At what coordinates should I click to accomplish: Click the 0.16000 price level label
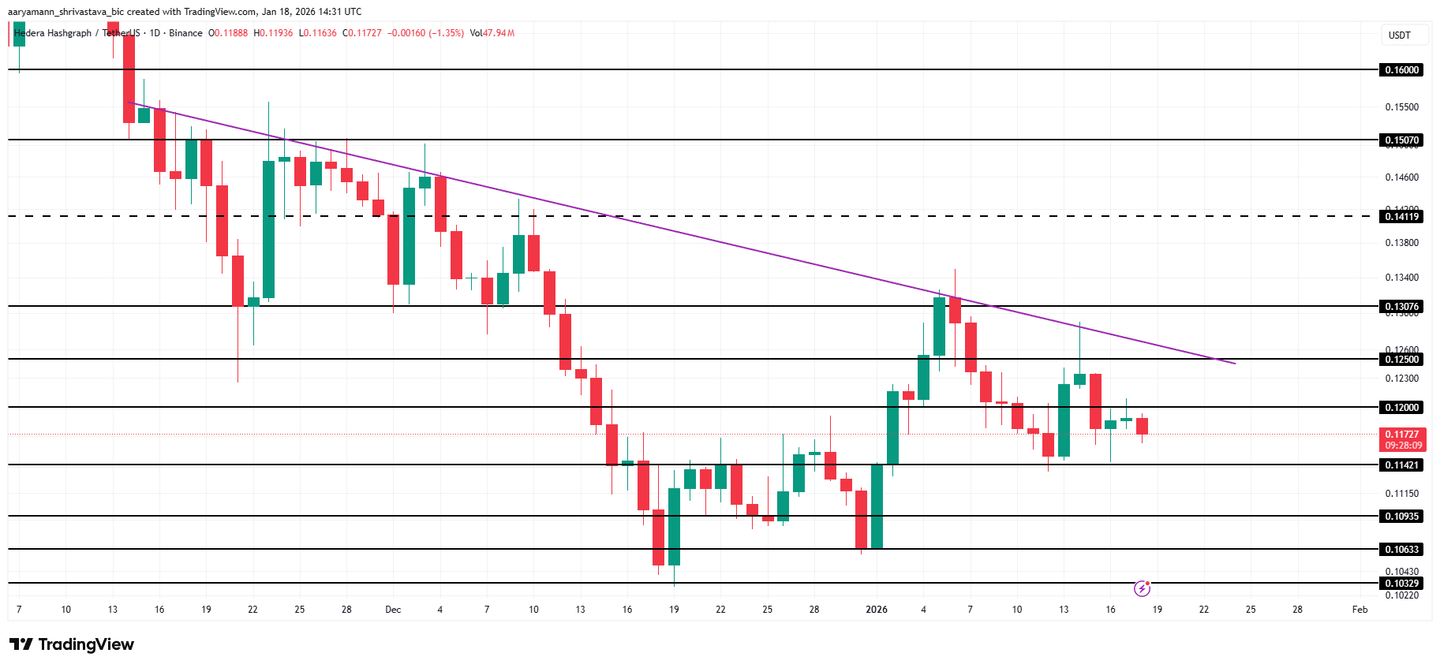point(1402,70)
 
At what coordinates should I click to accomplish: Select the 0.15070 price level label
point(1402,140)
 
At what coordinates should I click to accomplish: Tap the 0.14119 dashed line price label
point(1402,217)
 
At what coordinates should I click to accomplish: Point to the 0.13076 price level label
point(1402,307)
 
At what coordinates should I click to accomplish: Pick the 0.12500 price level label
point(1402,360)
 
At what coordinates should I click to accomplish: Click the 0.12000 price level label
point(1402,408)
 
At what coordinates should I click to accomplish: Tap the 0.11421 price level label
point(1402,465)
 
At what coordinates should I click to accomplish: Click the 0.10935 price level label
point(1402,517)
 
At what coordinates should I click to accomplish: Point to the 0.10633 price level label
point(1402,550)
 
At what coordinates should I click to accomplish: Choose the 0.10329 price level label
point(1402,584)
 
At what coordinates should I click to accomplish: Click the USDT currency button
point(1399,35)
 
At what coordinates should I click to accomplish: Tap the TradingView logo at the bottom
point(72,644)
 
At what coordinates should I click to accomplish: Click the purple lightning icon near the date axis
point(1142,588)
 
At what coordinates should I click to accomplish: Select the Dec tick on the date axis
point(393,610)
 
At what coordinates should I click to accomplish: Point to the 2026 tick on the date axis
point(876,610)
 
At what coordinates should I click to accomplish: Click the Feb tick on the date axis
point(1360,610)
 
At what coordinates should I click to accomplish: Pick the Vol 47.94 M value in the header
point(492,33)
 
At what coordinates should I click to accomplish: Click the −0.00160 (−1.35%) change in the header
point(425,33)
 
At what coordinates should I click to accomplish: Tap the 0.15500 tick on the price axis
point(1401,107)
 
